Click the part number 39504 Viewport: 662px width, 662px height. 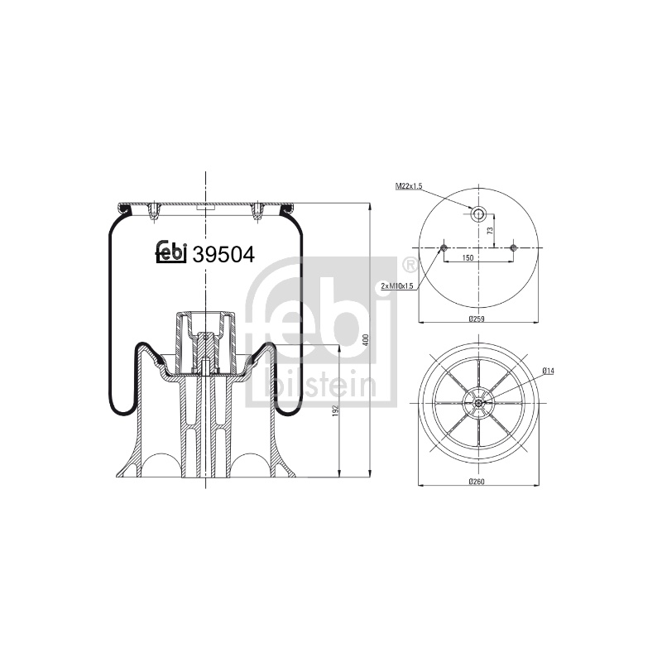223,254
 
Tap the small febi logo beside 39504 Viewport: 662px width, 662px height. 171,252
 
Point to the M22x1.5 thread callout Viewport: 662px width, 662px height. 408,186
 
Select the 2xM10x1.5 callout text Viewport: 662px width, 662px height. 397,285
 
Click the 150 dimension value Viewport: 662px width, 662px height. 468,257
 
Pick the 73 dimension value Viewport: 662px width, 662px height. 490,231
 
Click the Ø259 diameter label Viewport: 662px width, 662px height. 477,319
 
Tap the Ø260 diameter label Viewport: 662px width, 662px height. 477,481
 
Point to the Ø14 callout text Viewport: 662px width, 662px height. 548,371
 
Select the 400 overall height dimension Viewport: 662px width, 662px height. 366,340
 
